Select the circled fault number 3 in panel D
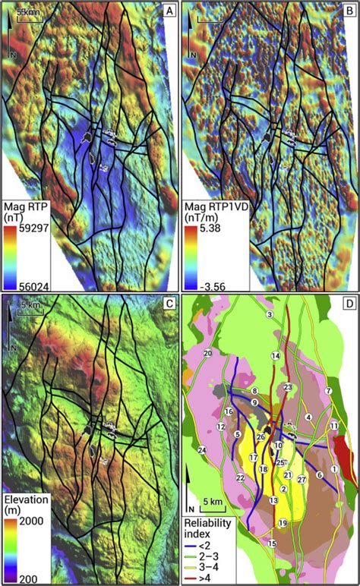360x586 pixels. coord(270,314)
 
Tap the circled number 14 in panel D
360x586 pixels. coord(276,356)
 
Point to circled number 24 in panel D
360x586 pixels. coord(202,451)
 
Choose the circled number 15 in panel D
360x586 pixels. coord(272,543)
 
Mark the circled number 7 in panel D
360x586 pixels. coord(328,390)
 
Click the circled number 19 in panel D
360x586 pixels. coord(282,523)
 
